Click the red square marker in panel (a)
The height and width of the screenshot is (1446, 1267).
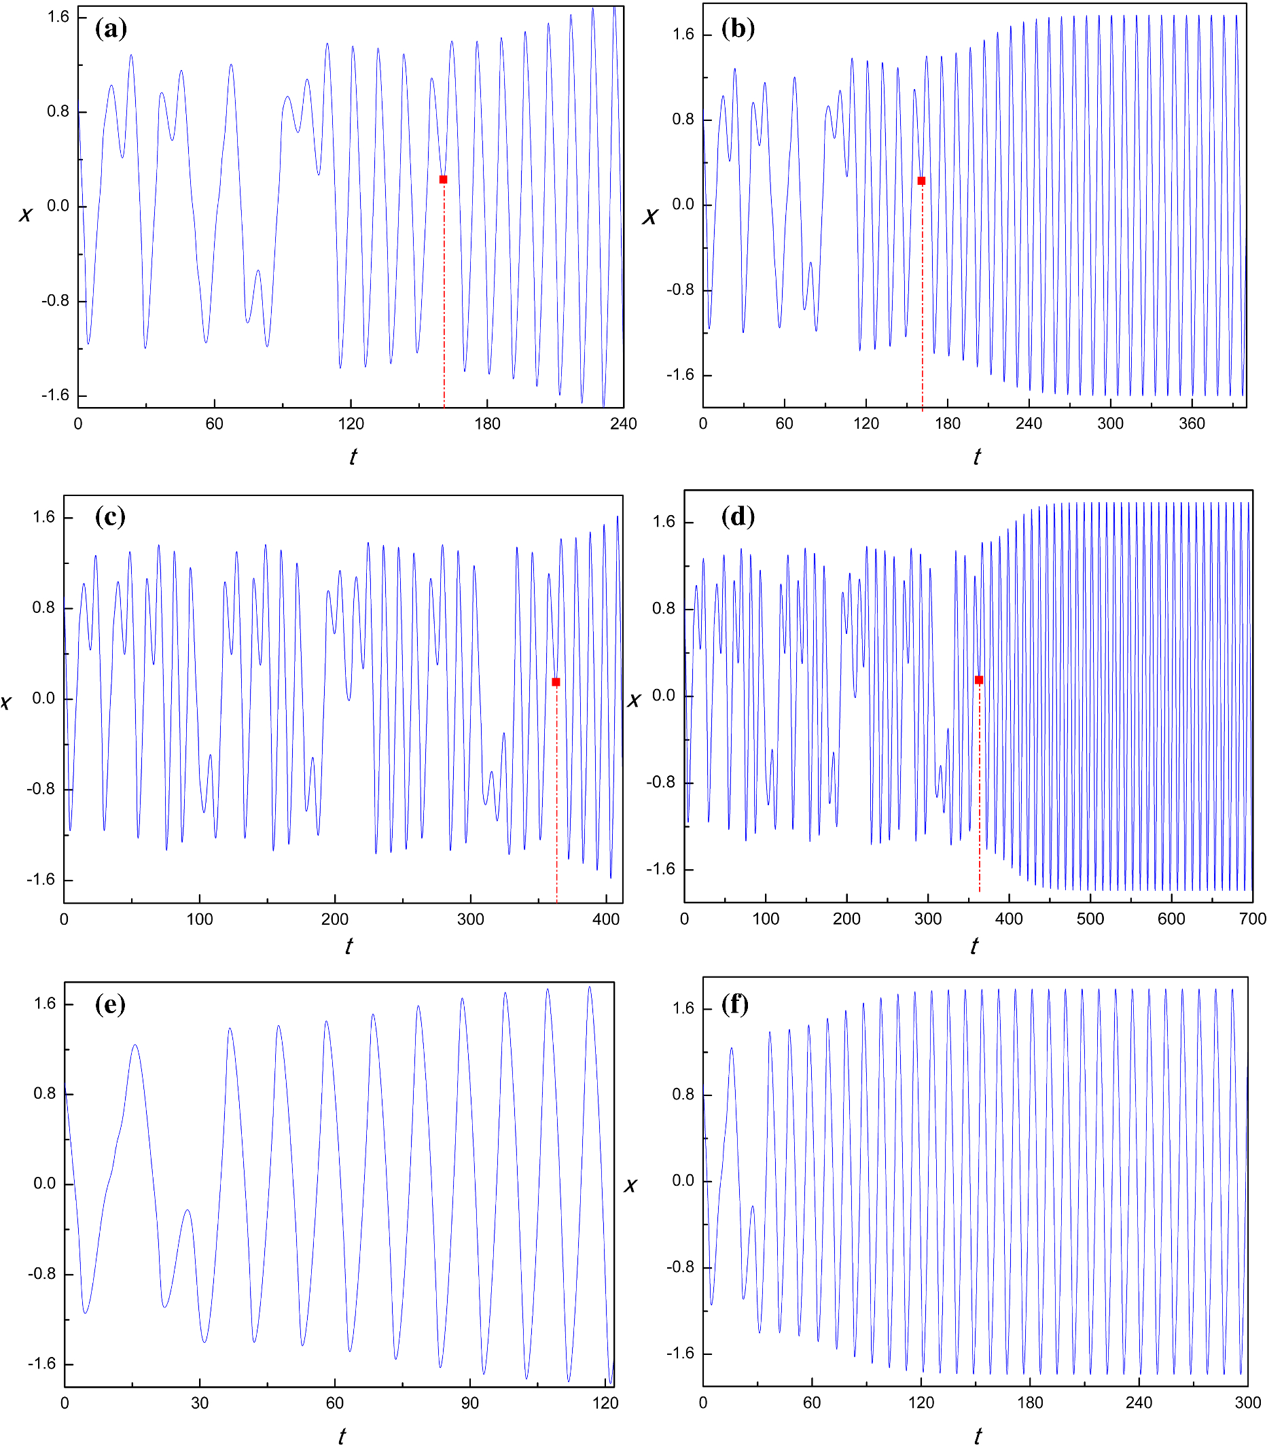pos(444,179)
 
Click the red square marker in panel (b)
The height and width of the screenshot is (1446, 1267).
pos(921,181)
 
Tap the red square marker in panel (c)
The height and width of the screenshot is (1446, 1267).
pos(556,682)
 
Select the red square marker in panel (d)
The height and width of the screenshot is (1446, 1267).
pos(979,680)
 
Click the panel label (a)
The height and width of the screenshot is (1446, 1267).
pos(111,29)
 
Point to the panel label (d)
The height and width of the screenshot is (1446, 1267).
pos(738,517)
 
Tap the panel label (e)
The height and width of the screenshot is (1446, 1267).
pos(110,1004)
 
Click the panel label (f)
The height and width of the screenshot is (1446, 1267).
pos(735,1004)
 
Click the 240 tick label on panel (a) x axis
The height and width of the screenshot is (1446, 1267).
pos(624,424)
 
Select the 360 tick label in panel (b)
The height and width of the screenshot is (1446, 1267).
pos(1192,424)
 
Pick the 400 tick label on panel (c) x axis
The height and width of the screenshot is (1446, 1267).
pos(606,920)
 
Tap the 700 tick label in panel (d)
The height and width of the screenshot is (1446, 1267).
pos(1252,919)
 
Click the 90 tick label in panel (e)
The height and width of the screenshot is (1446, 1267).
pos(470,1404)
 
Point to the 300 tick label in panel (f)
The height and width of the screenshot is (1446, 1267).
pos(1247,1403)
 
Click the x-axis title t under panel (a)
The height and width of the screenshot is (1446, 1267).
pos(353,457)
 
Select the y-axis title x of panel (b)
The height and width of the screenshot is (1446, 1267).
pos(649,216)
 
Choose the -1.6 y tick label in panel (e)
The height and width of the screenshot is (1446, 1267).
pos(41,1363)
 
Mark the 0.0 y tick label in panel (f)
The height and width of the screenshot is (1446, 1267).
pos(683,1180)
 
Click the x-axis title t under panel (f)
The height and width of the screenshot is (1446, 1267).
pos(977,1436)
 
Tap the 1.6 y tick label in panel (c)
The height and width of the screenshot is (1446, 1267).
pos(43,518)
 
